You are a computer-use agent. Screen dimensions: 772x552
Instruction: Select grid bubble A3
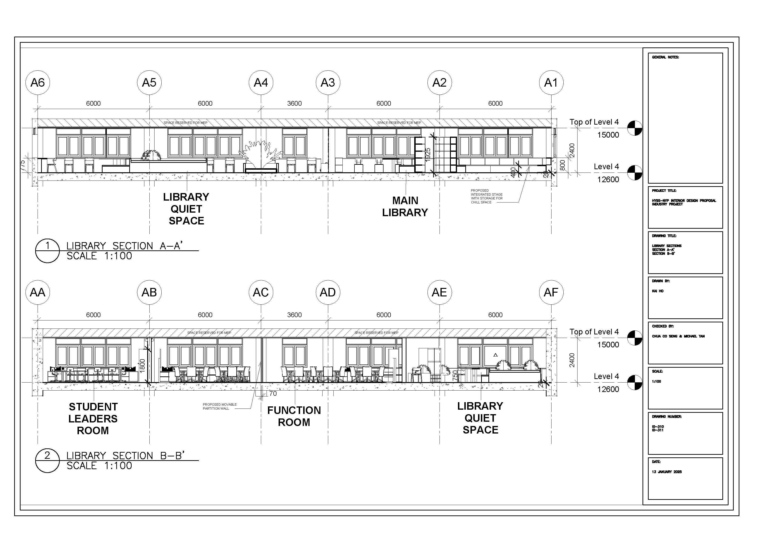point(328,83)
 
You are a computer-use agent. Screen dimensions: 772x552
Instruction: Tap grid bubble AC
point(261,292)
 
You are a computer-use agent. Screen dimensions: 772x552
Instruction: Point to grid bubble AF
point(551,292)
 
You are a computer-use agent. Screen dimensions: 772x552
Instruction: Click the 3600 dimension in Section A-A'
point(294,103)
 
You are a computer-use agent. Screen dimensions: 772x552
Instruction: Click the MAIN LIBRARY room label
point(405,206)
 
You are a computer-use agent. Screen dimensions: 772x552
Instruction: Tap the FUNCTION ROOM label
point(294,416)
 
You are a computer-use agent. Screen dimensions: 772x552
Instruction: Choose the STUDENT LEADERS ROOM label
point(93,418)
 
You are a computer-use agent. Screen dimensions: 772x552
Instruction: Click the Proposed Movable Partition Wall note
point(220,407)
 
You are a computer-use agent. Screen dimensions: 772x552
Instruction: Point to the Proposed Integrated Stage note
point(487,196)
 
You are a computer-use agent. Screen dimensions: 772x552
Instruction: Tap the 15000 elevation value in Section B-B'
point(608,345)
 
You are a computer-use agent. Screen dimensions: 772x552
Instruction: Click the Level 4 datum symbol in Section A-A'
point(634,173)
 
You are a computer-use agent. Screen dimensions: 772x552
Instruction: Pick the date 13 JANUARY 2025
point(667,472)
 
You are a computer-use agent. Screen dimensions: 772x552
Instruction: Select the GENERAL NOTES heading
point(665,57)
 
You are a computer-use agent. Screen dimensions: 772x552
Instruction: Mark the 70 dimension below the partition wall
point(273,394)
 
